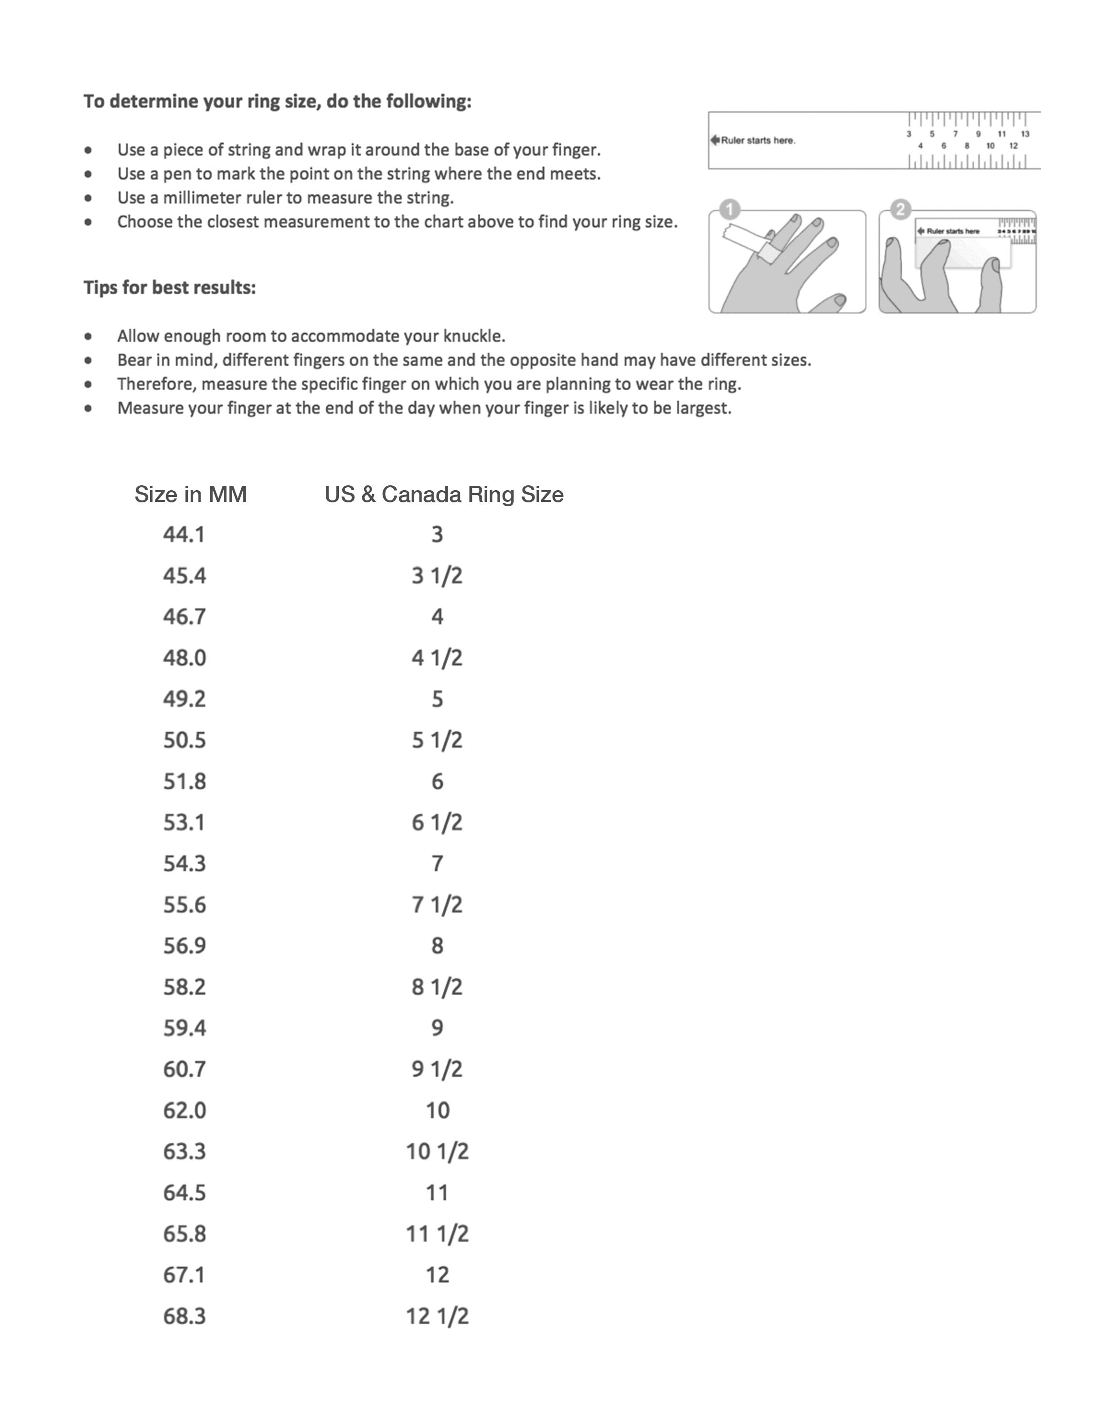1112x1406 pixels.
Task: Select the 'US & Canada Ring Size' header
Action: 443,494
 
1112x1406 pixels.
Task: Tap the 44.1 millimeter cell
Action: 184,534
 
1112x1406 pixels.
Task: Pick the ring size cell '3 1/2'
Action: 437,576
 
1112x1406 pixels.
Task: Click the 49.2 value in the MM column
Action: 184,699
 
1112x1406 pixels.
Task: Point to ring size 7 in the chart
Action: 438,863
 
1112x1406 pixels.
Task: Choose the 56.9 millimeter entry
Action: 184,945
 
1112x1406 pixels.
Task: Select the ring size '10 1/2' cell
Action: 437,1151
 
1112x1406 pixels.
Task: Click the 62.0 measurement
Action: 184,1110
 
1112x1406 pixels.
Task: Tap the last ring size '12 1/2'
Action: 437,1316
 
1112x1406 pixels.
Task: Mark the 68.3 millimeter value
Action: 184,1316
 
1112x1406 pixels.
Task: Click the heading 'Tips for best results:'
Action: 169,287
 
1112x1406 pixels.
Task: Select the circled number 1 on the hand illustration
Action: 730,210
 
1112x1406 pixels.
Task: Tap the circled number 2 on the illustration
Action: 900,210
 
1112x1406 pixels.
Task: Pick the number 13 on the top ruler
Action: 1026,134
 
